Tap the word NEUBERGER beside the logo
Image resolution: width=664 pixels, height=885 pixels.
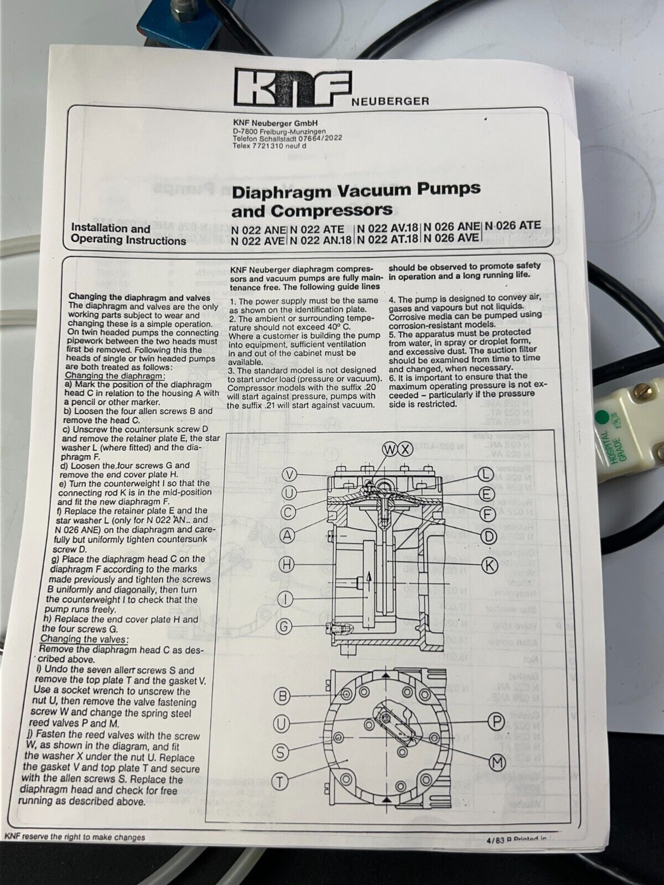[x=391, y=101]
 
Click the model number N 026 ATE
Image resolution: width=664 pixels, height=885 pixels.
[x=513, y=226]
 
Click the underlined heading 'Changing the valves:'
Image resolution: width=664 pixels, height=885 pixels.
[x=84, y=639]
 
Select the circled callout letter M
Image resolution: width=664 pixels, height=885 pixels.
[x=498, y=762]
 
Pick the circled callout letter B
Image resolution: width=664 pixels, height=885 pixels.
[x=282, y=695]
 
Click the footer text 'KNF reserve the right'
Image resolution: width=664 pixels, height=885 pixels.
[x=75, y=837]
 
